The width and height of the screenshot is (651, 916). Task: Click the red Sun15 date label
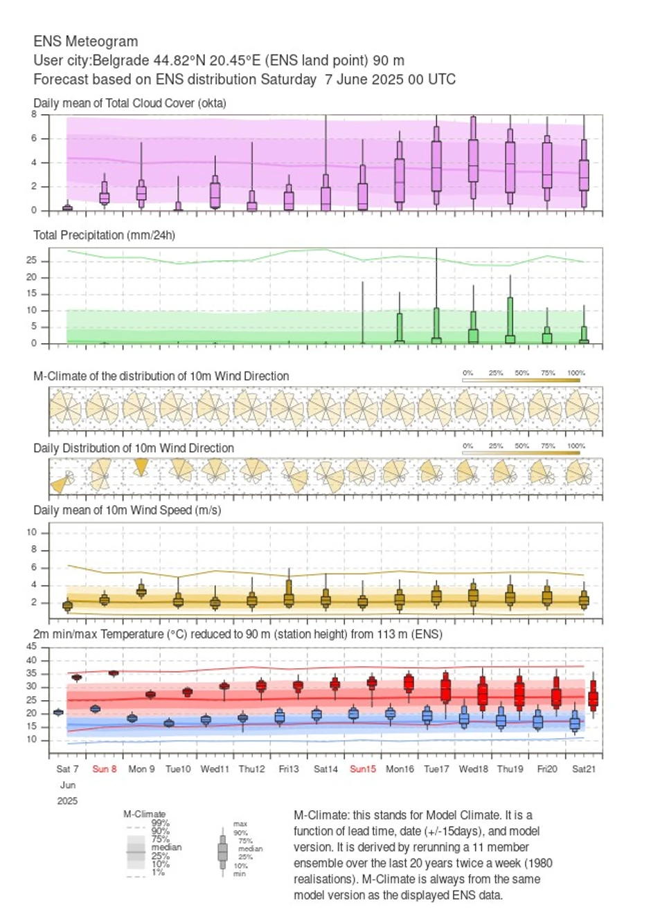point(363,769)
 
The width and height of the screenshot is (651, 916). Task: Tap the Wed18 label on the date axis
point(474,769)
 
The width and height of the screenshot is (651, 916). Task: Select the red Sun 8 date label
point(105,769)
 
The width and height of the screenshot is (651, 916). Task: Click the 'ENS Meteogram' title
point(85,42)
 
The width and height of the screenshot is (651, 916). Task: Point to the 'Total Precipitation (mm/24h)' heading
point(104,235)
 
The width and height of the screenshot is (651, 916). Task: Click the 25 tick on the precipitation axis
point(31,261)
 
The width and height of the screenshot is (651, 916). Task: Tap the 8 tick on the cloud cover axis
point(34,114)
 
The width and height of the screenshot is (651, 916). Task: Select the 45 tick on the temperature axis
point(31,647)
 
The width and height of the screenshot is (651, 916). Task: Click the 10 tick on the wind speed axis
point(32,533)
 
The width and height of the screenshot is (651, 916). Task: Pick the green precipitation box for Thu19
point(510,320)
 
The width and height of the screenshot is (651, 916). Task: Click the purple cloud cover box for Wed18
point(474,161)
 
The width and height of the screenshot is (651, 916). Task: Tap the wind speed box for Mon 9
point(141,591)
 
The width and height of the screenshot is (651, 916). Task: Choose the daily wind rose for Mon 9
point(141,467)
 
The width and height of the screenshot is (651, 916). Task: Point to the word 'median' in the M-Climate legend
point(166,848)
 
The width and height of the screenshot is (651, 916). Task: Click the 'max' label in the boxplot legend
point(240,824)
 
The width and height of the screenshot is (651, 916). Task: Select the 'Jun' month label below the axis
point(68,785)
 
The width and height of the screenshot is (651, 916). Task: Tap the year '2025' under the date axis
point(68,801)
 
